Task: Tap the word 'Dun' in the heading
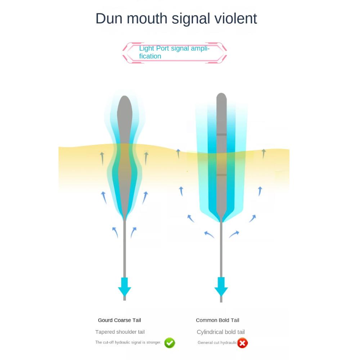[x=109, y=18]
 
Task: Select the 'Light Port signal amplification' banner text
[x=174, y=52]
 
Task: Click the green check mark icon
[x=170, y=343]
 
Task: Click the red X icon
[x=242, y=343]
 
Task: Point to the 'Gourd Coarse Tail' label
[x=120, y=320]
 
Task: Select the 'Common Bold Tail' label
[x=217, y=320]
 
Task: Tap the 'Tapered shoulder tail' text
[x=120, y=332]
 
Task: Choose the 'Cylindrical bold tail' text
[x=221, y=332]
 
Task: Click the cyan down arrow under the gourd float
[x=125, y=287]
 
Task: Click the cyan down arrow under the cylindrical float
[x=221, y=287]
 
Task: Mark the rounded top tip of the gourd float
[x=125, y=96]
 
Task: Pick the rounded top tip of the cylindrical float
[x=221, y=93]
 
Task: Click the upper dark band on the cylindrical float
[x=221, y=135]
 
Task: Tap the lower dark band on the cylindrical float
[x=221, y=175]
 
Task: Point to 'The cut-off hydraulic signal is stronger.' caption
[x=128, y=342]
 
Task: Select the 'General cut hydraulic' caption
[x=217, y=343]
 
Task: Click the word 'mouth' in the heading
[x=147, y=18]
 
